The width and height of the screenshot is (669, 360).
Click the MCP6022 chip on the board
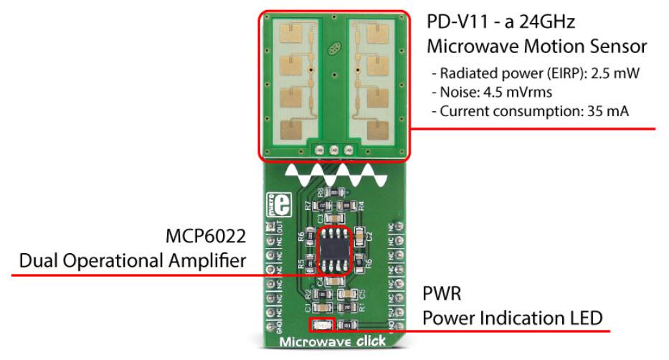click(x=334, y=250)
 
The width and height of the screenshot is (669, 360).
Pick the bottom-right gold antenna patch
click(x=379, y=131)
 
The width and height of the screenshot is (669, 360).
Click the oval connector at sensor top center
click(x=333, y=51)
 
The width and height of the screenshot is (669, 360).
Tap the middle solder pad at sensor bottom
click(x=333, y=150)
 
